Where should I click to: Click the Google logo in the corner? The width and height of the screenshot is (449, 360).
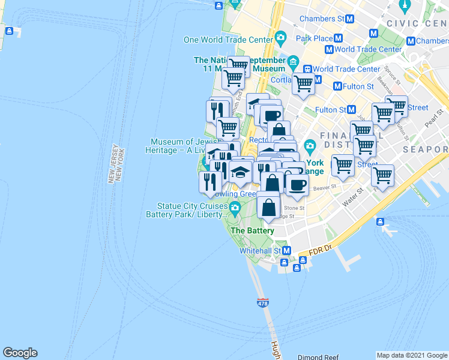click(x=20, y=353)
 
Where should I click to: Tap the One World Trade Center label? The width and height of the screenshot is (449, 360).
click(x=228, y=40)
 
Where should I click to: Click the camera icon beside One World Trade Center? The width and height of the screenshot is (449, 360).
click(x=280, y=40)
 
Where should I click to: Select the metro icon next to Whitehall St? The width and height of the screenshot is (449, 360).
click(x=287, y=250)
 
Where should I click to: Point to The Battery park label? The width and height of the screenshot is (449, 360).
click(x=252, y=230)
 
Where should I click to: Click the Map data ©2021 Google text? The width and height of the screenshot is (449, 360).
click(x=412, y=355)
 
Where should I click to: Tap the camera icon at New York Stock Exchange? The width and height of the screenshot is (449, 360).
click(x=310, y=146)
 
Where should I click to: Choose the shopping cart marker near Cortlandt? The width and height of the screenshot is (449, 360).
click(x=303, y=85)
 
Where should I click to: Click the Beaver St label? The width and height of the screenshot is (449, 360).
click(x=324, y=188)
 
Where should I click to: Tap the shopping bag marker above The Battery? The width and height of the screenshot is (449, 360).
click(x=268, y=208)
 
